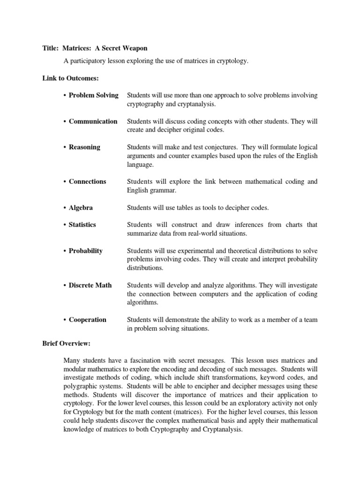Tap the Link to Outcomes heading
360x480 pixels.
click(x=70, y=78)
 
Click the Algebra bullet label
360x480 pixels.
click(x=81, y=207)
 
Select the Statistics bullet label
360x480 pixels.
click(x=82, y=225)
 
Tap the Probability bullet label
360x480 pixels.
click(x=85, y=250)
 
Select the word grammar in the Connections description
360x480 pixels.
click(x=162, y=190)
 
